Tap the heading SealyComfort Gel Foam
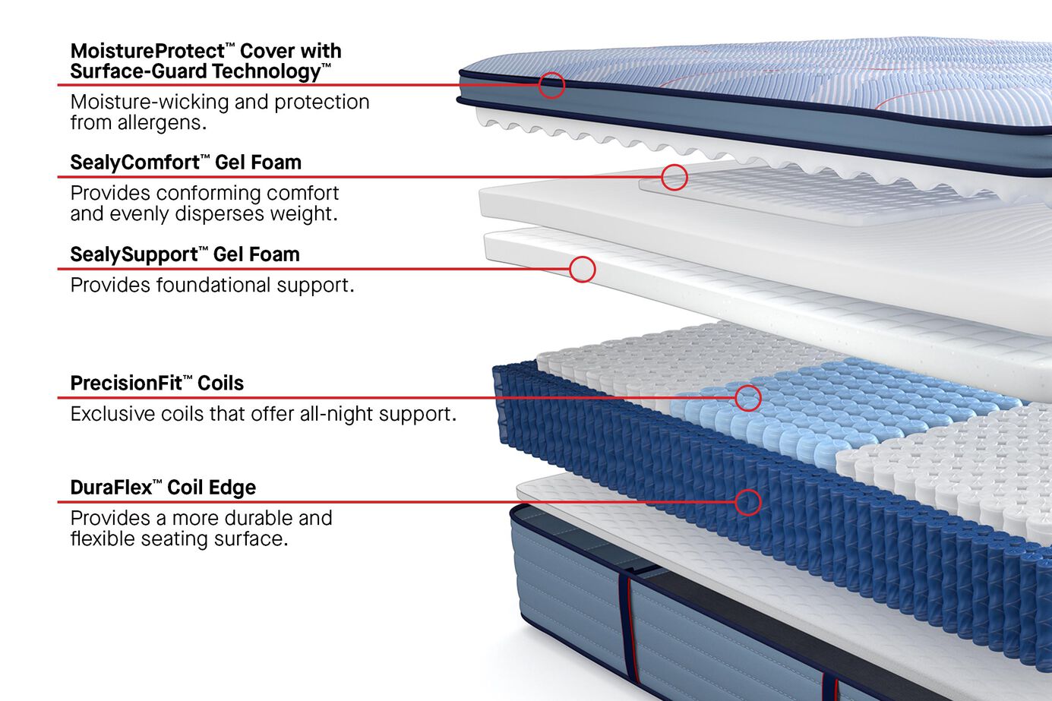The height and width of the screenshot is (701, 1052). point(185,163)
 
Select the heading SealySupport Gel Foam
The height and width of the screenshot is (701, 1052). point(185,254)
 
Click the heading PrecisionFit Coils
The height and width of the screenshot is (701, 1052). point(156,384)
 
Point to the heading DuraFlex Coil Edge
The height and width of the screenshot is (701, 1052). point(163,488)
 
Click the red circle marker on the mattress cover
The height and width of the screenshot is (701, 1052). point(551,85)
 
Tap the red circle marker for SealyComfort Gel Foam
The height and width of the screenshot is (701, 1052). point(674,177)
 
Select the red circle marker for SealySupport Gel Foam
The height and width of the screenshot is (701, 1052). point(582,269)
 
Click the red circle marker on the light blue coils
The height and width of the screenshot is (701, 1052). point(747,397)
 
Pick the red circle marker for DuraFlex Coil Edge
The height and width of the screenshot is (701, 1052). point(747,501)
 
